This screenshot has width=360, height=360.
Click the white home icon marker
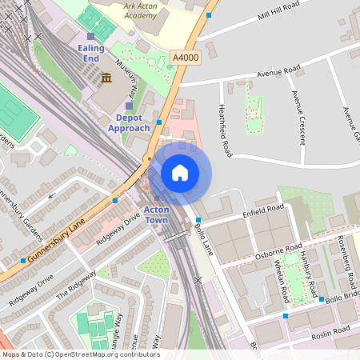[x=180, y=173]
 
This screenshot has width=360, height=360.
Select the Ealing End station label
[x=92, y=54]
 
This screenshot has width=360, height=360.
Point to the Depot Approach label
[x=128, y=123]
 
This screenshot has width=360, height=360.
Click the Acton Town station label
[x=156, y=214]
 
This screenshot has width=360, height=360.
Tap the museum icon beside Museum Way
[x=106, y=78]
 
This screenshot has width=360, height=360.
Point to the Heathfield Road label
[x=225, y=129]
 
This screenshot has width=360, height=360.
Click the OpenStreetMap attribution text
[x=80, y=354]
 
